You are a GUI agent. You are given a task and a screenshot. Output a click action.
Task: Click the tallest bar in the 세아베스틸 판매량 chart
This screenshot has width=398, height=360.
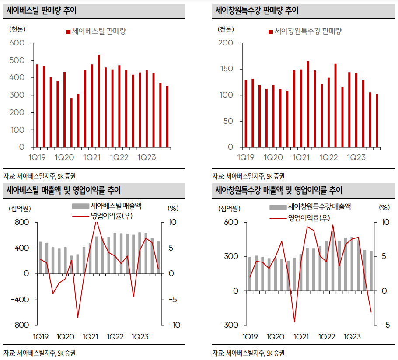pos(98,101)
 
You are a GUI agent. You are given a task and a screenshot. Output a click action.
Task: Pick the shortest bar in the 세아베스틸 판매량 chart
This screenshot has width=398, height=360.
pos(71,123)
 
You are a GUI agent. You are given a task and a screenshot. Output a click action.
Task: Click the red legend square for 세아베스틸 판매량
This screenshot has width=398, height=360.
pos(68,32)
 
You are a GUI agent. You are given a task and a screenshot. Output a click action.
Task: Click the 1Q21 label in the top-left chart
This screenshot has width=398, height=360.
pos(92,157)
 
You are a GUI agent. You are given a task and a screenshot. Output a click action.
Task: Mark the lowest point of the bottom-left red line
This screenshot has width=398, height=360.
pos(78,317)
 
